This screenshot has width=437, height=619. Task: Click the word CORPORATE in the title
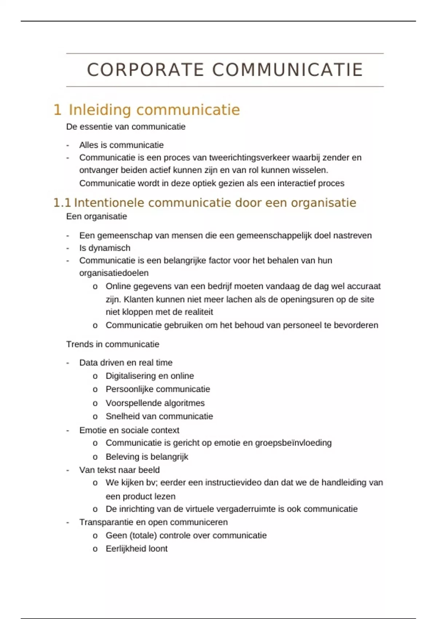pyautogui.click(x=145, y=70)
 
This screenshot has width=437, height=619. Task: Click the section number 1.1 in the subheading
pyautogui.click(x=62, y=203)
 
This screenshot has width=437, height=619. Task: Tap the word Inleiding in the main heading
pyautogui.click(x=100, y=110)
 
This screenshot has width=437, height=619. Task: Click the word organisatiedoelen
pyautogui.click(x=114, y=273)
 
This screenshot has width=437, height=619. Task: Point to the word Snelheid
pyautogui.click(x=123, y=416)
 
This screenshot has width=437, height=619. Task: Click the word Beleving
pyautogui.click(x=122, y=457)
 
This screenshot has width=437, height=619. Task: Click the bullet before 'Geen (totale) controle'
pyautogui.click(x=95, y=536)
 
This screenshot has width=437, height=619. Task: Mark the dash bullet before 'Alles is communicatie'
pyautogui.click(x=68, y=145)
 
